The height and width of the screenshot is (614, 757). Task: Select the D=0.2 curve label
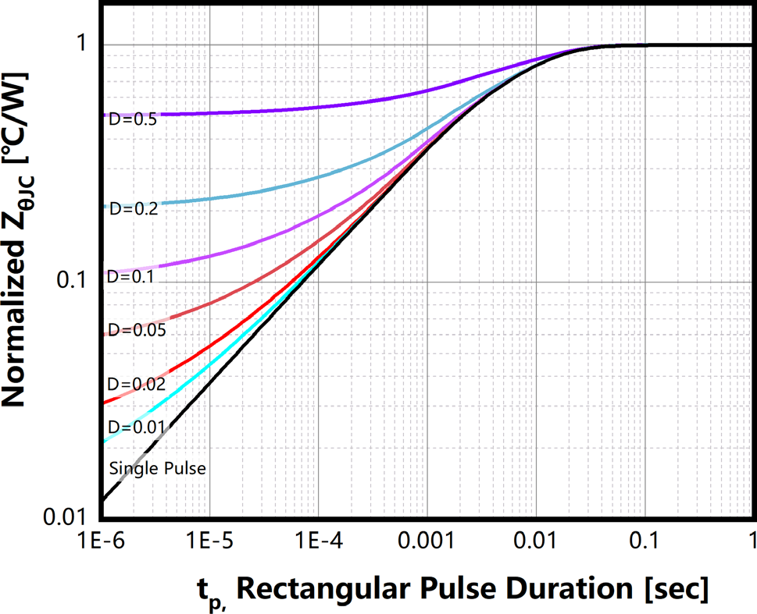coord(133,208)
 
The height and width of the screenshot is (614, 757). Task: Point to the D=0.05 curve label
coord(134,330)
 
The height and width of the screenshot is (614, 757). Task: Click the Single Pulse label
coord(157,469)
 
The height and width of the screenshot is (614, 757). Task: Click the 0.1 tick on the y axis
coord(74,282)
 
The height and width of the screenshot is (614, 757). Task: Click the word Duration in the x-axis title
coord(552,587)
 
